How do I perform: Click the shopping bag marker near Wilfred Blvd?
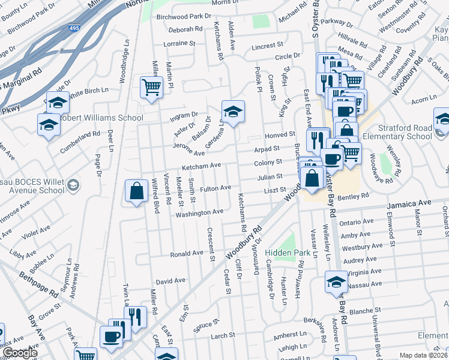(136, 191)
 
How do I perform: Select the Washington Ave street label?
(200, 212)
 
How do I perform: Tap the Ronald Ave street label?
(187, 254)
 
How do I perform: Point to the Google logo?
(20, 353)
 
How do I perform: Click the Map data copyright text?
(424, 355)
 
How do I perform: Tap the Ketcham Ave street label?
(202, 166)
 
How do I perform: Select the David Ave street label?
(170, 281)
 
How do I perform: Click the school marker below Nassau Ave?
(336, 283)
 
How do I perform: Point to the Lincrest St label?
(267, 46)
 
